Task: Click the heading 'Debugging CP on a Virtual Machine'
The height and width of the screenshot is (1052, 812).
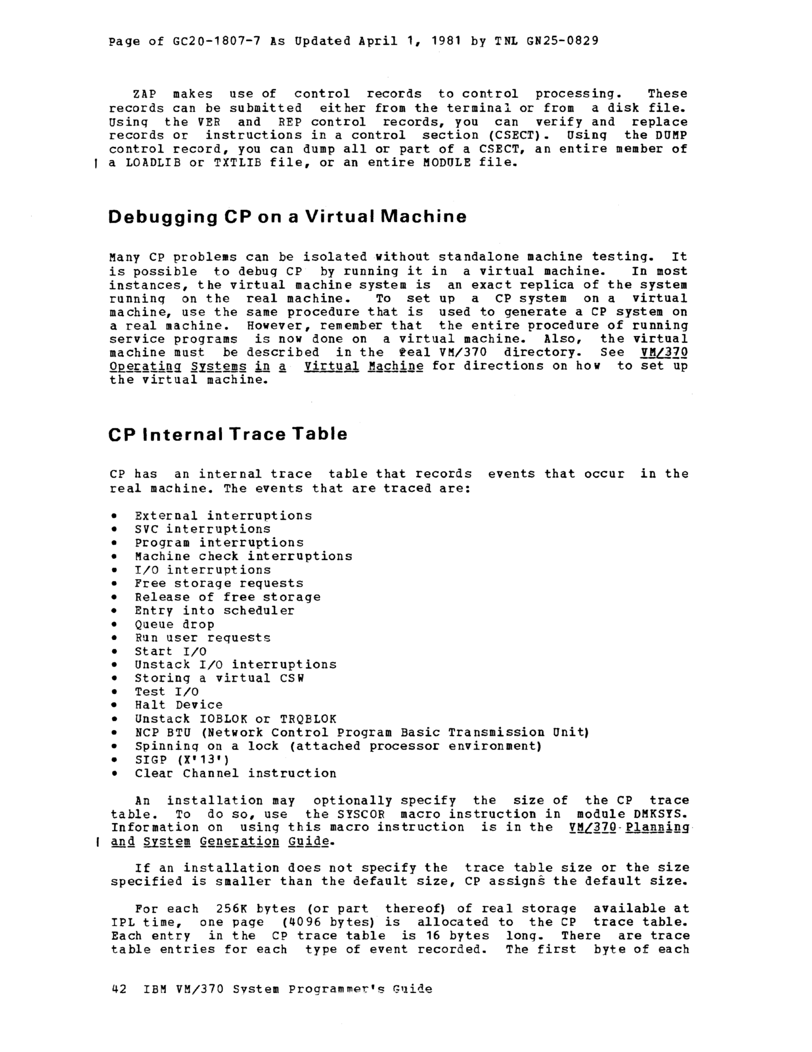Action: (287, 217)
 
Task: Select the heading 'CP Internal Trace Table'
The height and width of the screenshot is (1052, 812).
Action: (227, 435)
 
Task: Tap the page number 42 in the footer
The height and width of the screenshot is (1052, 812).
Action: (118, 989)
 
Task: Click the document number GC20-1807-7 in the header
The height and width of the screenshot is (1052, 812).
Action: (216, 41)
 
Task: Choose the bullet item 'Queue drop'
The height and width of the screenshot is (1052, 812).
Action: (174, 624)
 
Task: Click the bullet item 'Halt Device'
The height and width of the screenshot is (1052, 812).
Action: (178, 705)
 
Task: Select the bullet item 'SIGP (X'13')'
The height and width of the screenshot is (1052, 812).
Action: (182, 759)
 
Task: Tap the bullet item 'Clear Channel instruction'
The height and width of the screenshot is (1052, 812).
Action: (235, 773)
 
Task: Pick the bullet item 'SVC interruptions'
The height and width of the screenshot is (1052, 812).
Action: (203, 529)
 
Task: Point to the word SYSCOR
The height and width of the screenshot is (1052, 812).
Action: (360, 814)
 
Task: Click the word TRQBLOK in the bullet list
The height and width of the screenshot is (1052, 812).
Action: (308, 719)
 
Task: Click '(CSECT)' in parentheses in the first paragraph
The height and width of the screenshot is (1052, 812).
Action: (512, 135)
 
